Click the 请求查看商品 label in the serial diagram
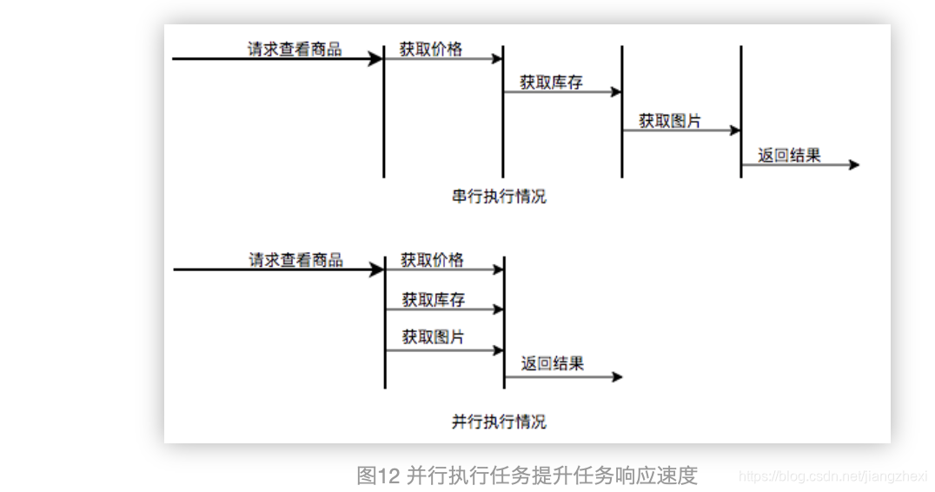[295, 49]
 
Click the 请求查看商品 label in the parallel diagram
[295, 260]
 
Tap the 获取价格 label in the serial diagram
[431, 49]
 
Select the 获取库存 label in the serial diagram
[551, 83]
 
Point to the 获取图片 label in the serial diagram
[670, 121]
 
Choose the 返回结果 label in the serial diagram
[789, 156]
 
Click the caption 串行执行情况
[499, 196]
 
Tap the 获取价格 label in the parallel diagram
[432, 260]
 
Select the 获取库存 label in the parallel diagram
[433, 300]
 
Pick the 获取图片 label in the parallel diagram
[433, 337]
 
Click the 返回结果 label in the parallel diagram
[553, 363]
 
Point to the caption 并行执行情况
[499, 422]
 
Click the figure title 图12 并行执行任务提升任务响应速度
[527, 475]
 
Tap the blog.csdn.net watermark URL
[832, 476]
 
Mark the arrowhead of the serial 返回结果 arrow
[854, 165]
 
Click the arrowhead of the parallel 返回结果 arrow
[618, 377]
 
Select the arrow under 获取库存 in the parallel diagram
[443, 309]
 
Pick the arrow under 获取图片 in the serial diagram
[680, 130]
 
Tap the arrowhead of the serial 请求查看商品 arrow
[376, 59]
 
